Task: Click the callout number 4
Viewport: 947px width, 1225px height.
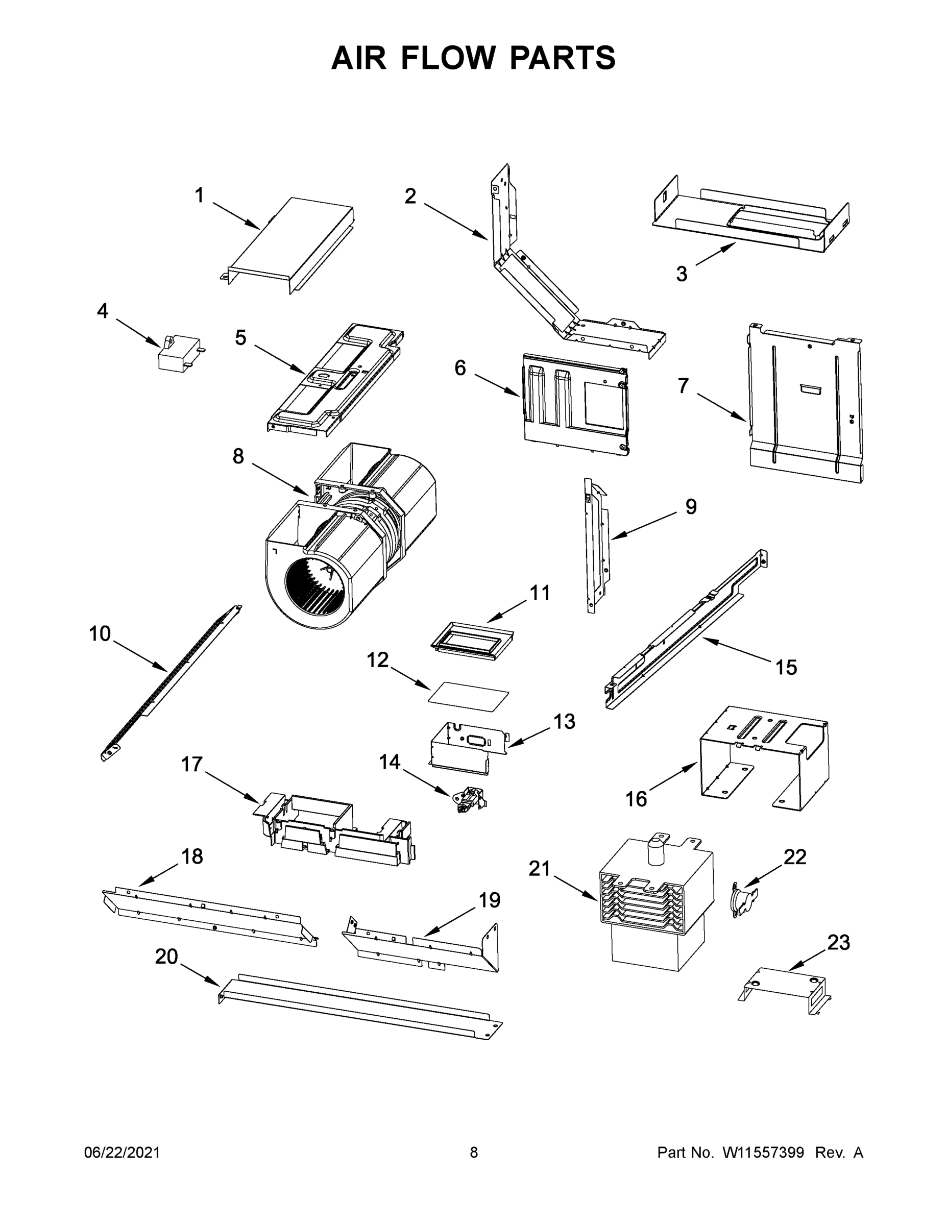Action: (102, 310)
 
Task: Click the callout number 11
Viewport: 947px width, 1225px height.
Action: (540, 593)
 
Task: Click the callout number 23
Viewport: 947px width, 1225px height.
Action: (839, 942)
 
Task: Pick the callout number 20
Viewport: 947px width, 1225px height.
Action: (166, 957)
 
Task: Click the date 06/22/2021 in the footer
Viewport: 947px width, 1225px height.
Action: (122, 1153)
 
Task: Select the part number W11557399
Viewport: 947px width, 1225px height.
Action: (763, 1153)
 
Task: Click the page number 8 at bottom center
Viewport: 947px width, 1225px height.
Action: (474, 1153)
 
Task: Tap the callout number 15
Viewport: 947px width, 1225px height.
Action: (786, 667)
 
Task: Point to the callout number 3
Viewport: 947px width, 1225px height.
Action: (681, 274)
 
